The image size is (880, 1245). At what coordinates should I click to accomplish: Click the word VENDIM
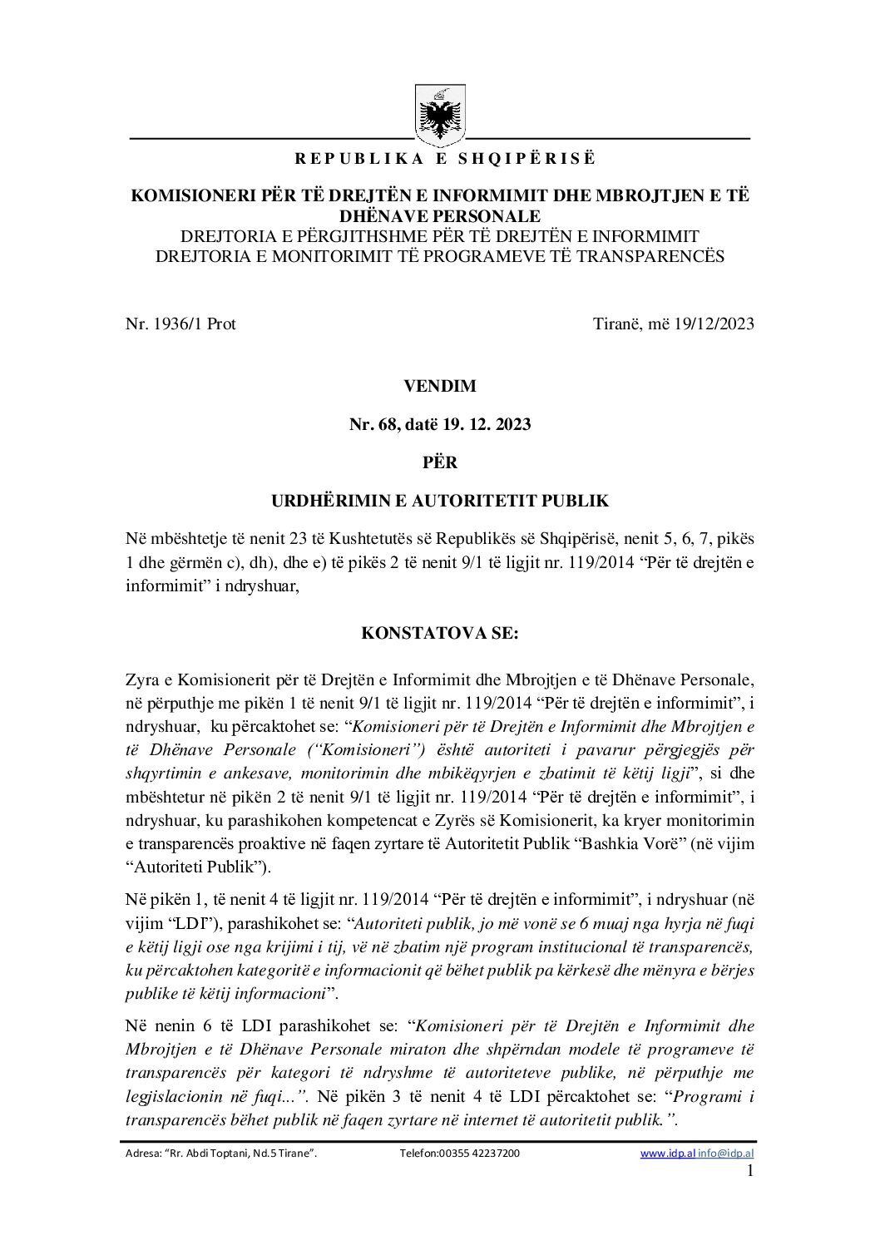[440, 386]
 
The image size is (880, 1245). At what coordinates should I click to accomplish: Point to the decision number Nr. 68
[373, 424]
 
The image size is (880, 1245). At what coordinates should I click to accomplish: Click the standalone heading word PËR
[440, 462]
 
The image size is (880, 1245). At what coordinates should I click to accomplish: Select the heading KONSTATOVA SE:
[440, 633]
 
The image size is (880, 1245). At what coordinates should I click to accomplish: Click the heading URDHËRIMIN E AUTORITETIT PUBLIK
[440, 501]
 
